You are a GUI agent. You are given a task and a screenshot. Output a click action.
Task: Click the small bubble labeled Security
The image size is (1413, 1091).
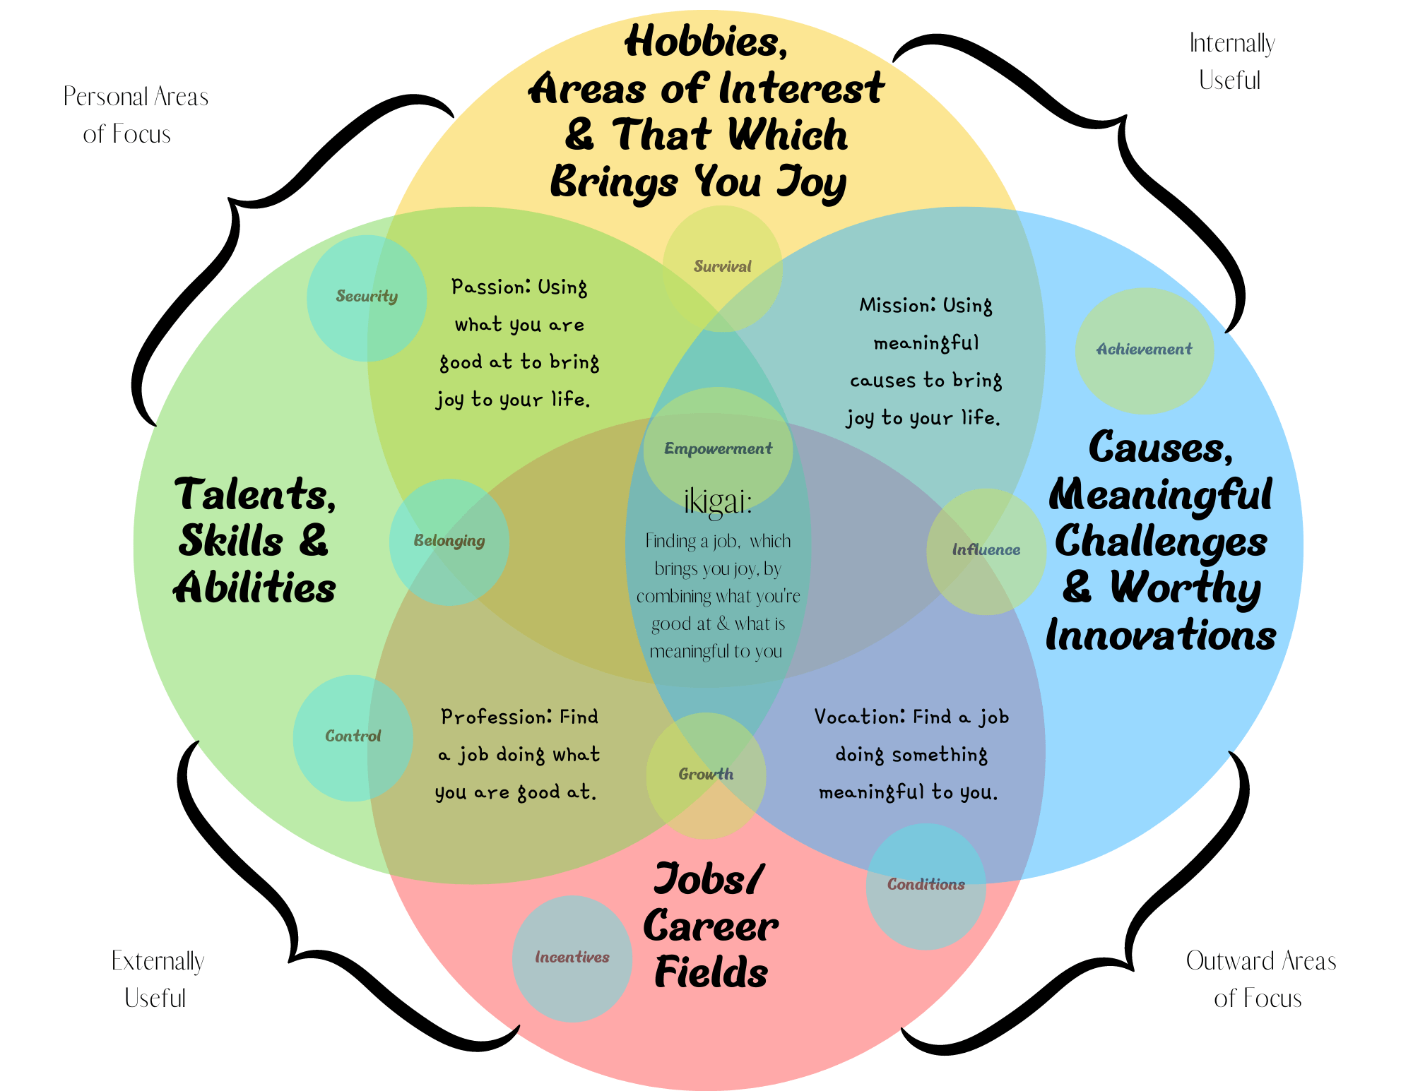[x=367, y=297]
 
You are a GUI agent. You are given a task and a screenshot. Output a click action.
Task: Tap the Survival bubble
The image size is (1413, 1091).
[x=722, y=268]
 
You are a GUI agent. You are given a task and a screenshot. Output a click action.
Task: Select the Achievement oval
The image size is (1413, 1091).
[x=1144, y=350]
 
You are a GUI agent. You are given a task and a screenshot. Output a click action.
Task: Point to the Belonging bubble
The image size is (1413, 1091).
[x=449, y=542]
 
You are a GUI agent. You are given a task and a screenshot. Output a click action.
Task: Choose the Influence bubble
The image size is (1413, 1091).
[x=986, y=551]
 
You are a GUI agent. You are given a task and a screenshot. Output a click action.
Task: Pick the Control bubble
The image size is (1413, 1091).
[x=353, y=737]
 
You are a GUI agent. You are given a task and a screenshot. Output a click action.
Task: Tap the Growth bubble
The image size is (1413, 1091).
[x=706, y=775]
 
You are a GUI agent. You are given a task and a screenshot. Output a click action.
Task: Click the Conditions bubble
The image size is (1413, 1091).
[x=926, y=886]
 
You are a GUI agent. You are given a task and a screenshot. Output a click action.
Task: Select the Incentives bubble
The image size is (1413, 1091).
[x=572, y=958]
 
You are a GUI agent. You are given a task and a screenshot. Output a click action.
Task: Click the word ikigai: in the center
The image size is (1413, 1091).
[x=718, y=501]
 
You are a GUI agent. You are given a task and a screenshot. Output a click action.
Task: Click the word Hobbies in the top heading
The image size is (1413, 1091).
[x=706, y=42]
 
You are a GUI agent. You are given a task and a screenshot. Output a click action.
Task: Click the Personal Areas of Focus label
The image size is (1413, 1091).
[x=135, y=115]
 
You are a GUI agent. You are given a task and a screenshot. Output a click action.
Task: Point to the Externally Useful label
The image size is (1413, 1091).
[x=157, y=979]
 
